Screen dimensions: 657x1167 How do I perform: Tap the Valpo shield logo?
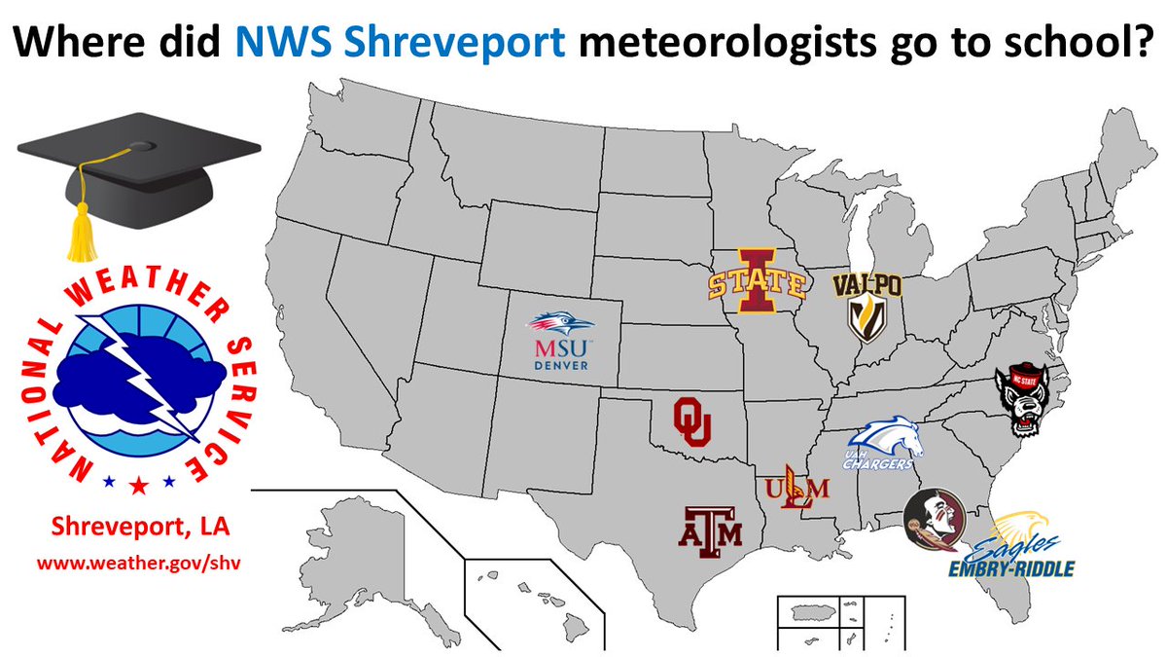pyautogui.click(x=860, y=306)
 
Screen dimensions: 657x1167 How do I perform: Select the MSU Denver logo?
pyautogui.click(x=560, y=341)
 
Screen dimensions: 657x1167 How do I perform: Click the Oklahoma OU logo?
pyautogui.click(x=692, y=421)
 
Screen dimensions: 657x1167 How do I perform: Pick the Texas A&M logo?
pyautogui.click(x=710, y=528)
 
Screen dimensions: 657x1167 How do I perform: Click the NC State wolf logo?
pyautogui.click(x=1025, y=402)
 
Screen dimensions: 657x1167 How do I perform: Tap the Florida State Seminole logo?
pyautogui.click(x=934, y=522)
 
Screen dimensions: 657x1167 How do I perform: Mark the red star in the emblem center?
pyautogui.click(x=139, y=485)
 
